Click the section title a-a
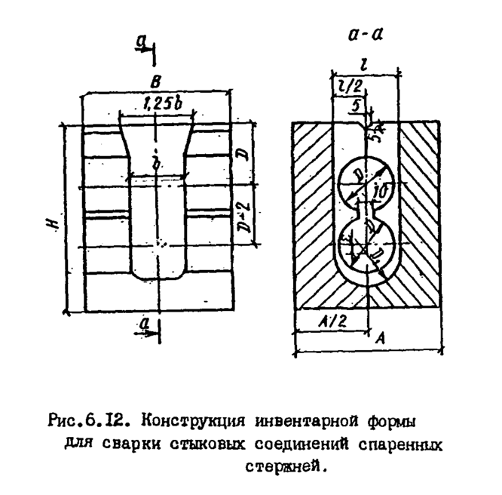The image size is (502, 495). [x=370, y=34]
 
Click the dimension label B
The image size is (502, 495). [x=155, y=80]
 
